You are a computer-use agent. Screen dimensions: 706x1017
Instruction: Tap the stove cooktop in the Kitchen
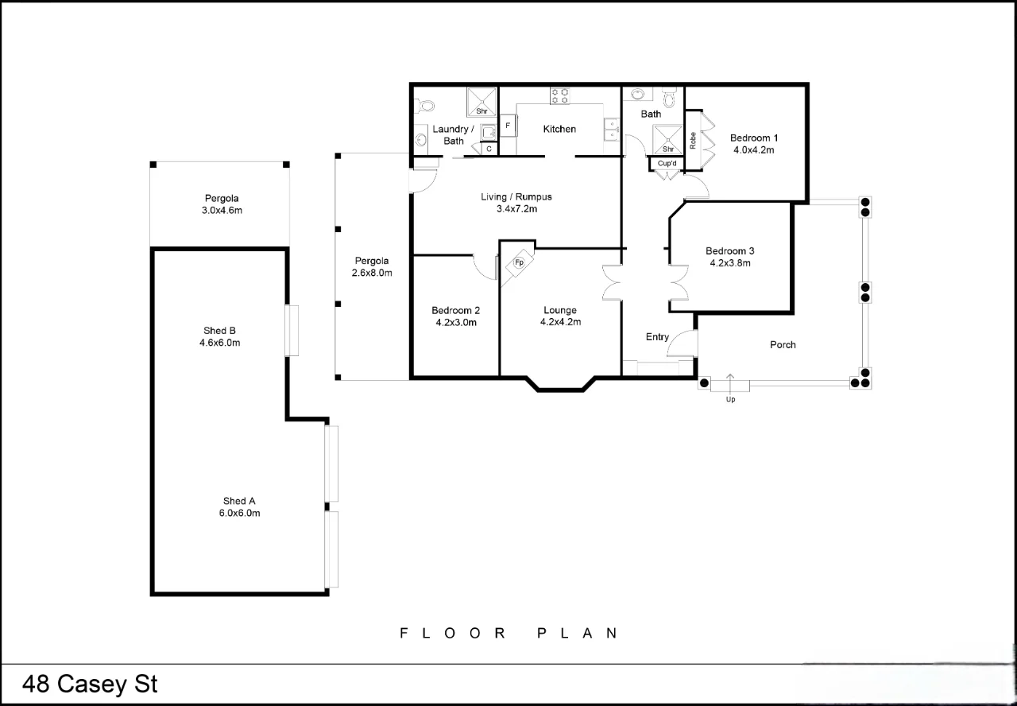tap(559, 96)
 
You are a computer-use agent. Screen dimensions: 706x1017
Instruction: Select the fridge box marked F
tap(508, 126)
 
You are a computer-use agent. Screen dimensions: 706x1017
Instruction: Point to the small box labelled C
tap(489, 149)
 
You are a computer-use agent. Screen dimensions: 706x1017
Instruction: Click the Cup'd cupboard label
tap(667, 164)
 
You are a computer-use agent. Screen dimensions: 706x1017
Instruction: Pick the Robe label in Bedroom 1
tap(693, 141)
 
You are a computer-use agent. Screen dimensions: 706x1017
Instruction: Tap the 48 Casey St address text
tap(90, 685)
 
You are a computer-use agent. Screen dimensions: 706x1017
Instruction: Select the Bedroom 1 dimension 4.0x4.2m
tap(753, 149)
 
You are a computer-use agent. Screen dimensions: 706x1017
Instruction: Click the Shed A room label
tap(239, 501)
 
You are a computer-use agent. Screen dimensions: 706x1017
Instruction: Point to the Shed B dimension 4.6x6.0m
tap(219, 343)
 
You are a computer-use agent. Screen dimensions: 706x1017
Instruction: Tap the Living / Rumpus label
tap(516, 197)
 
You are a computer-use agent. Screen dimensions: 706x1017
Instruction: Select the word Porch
tap(783, 345)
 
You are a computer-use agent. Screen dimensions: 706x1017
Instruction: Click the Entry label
tap(657, 337)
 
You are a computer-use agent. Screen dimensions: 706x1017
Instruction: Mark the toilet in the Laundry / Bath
tap(425, 105)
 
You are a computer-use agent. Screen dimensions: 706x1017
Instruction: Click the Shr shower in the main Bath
tap(668, 141)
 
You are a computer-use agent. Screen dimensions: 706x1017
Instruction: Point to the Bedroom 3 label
tap(729, 251)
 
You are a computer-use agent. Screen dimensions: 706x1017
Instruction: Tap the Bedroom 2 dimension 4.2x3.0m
tap(455, 323)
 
